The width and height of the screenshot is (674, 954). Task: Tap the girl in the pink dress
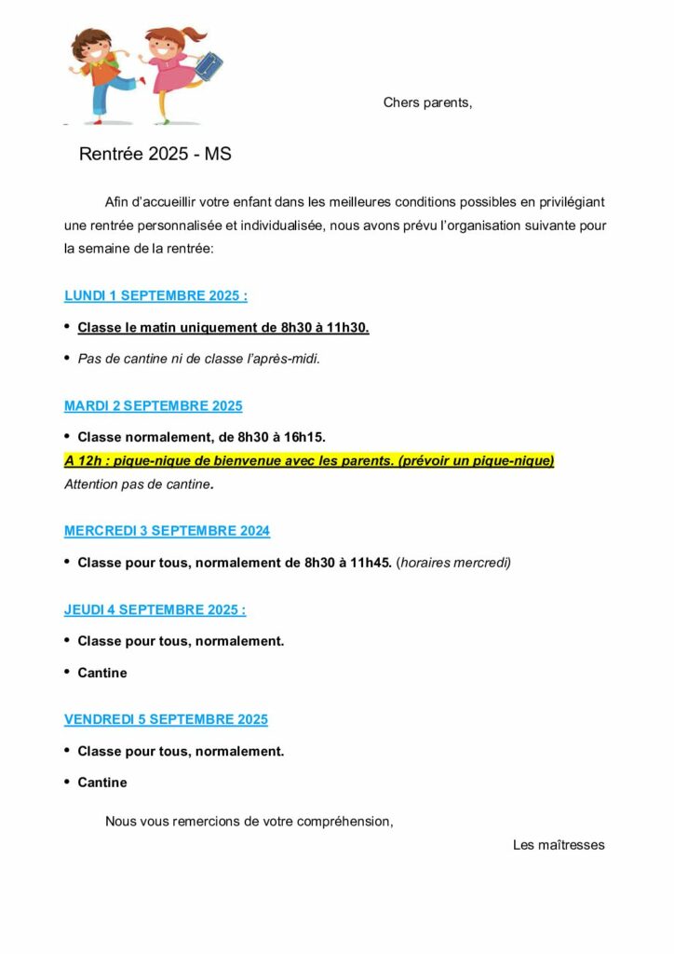click(x=170, y=71)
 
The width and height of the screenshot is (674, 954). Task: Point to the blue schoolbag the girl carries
click(x=207, y=65)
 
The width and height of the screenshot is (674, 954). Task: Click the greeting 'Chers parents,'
click(x=427, y=102)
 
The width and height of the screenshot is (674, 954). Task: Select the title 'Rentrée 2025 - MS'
click(x=155, y=155)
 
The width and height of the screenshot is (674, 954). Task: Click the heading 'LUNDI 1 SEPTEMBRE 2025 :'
click(x=155, y=296)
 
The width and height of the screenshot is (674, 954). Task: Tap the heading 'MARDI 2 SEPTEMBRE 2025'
click(x=153, y=406)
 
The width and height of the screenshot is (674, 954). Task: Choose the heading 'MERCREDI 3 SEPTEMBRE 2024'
click(x=167, y=531)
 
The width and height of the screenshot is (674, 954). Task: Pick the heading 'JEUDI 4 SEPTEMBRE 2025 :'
click(x=155, y=610)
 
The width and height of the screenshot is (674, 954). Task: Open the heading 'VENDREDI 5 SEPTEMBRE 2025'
click(x=166, y=719)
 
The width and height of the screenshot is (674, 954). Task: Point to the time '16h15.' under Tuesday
click(x=305, y=437)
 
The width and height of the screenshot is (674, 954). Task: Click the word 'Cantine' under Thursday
click(x=102, y=673)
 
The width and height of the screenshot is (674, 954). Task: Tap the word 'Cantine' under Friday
click(x=102, y=783)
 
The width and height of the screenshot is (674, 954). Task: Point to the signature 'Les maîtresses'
click(x=559, y=845)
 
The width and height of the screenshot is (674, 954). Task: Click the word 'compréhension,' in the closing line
click(x=346, y=821)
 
